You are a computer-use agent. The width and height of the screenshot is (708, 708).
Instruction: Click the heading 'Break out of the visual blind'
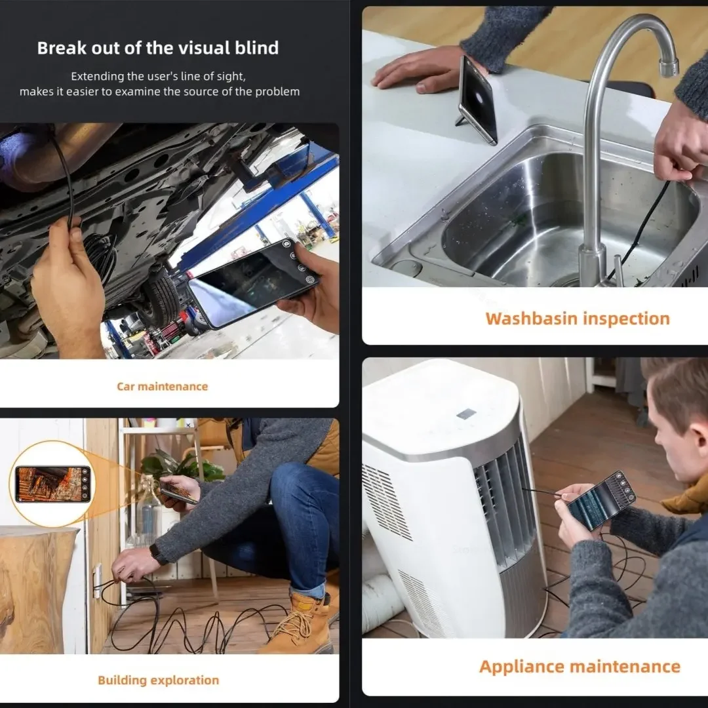[x=158, y=48]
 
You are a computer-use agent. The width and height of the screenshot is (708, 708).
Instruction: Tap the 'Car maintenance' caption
[x=163, y=387]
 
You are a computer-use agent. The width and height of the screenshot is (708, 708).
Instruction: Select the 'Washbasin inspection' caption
[x=578, y=319]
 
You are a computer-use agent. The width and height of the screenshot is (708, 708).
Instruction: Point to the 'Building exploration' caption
[x=159, y=680]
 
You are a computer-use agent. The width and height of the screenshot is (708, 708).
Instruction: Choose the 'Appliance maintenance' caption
[x=580, y=667]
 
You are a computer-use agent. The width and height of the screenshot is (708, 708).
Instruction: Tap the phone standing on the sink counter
[x=478, y=100]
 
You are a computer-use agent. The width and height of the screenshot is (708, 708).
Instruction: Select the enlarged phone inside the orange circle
[x=52, y=484]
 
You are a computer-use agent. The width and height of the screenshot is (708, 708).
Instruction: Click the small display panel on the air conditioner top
[x=467, y=413]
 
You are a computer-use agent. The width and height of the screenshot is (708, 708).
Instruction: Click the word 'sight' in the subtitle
[x=229, y=76]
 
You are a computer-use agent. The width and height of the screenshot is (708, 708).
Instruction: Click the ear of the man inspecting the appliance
[x=668, y=433]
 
